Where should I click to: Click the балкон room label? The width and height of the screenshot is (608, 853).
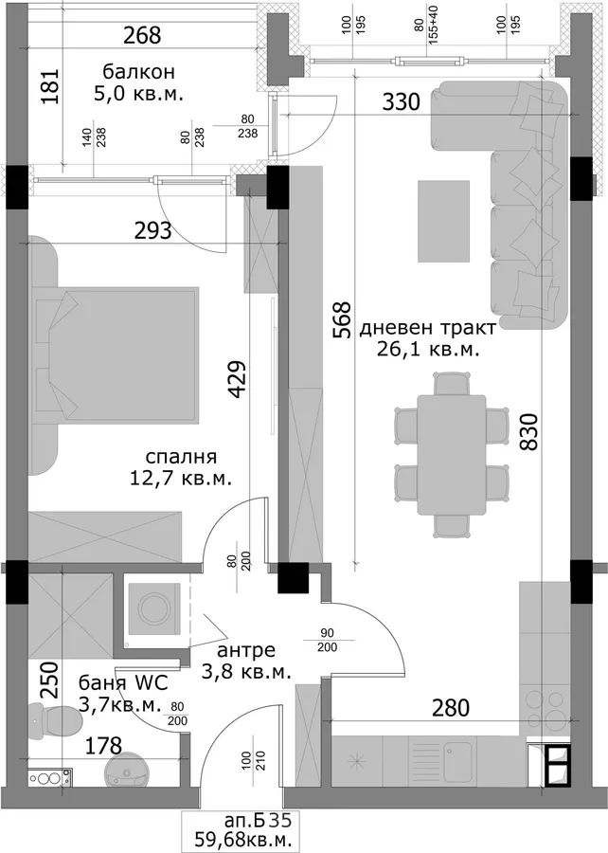pyautogui.click(x=138, y=72)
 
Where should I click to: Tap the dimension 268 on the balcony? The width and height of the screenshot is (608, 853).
pyautogui.click(x=142, y=35)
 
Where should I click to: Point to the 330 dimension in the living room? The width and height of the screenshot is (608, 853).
pyautogui.click(x=401, y=101)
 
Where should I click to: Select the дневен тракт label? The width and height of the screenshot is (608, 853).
pyautogui.click(x=428, y=328)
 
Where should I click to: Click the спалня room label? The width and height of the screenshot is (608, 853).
pyautogui.click(x=181, y=456)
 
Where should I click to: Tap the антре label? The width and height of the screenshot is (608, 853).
pyautogui.click(x=246, y=650)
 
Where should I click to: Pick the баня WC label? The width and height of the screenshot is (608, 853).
pyautogui.click(x=123, y=682)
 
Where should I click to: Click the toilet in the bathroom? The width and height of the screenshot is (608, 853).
pyautogui.click(x=55, y=721)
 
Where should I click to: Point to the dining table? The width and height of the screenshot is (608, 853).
pyautogui.click(x=452, y=455)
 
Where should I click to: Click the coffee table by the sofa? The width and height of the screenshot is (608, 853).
pyautogui.click(x=443, y=221)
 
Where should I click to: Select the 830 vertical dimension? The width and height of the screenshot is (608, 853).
pyautogui.click(x=528, y=431)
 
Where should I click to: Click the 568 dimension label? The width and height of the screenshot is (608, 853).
pyautogui.click(x=342, y=320)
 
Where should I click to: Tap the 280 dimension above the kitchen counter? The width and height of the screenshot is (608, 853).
pyautogui.click(x=451, y=708)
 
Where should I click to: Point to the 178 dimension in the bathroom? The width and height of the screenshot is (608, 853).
pyautogui.click(x=103, y=745)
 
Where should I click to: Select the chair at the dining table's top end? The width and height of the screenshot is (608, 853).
pyautogui.click(x=452, y=384)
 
